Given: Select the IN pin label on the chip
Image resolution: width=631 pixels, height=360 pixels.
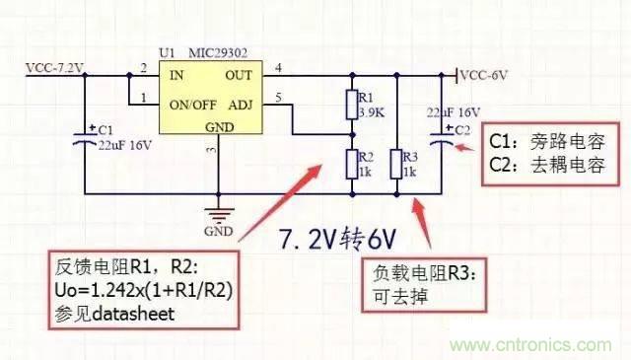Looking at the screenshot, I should coord(179,73).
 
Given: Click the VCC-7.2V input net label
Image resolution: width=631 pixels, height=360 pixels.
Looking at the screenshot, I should coord(55,68).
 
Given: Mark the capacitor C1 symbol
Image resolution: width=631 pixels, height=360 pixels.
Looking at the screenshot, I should coord(87,139).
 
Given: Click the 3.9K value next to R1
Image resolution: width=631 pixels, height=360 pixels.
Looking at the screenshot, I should coord(371,113).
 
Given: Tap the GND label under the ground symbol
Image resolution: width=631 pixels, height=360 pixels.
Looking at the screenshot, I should coord(218,233).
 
